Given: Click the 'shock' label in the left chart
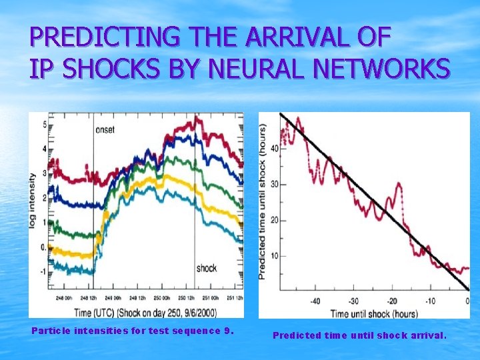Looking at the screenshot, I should [206, 268].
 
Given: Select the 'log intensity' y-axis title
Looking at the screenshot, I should [33, 201].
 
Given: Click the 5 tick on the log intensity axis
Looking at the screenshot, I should [43, 125].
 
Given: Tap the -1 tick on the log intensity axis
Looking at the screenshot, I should [42, 272].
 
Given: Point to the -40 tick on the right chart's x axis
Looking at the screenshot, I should [314, 301].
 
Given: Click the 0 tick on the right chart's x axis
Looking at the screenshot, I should [467, 301].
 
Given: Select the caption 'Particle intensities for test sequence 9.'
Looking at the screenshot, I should [133, 331].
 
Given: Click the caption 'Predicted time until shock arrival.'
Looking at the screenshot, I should [359, 335].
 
